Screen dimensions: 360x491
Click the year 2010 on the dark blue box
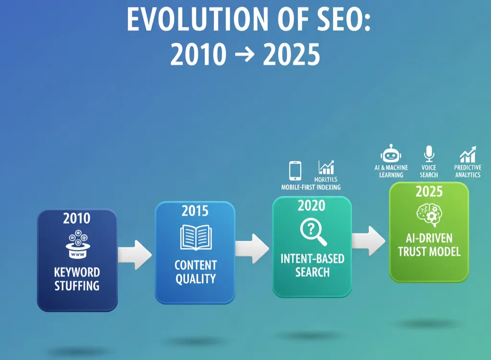[77, 219]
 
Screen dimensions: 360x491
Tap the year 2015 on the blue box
[195, 210]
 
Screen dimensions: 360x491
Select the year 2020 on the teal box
[312, 205]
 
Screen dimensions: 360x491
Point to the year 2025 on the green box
[429, 192]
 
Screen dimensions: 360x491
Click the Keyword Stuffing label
[77, 279]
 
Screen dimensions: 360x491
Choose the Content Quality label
[195, 272]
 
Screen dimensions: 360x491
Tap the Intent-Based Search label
[312, 266]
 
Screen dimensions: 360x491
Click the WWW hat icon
[77, 245]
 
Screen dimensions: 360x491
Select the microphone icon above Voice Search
[429, 154]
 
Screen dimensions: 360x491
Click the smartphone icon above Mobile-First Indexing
[295, 171]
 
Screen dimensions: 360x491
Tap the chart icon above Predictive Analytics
[467, 154]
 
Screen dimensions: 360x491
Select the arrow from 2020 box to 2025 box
[369, 238]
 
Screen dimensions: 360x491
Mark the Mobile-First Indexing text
[311, 187]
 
